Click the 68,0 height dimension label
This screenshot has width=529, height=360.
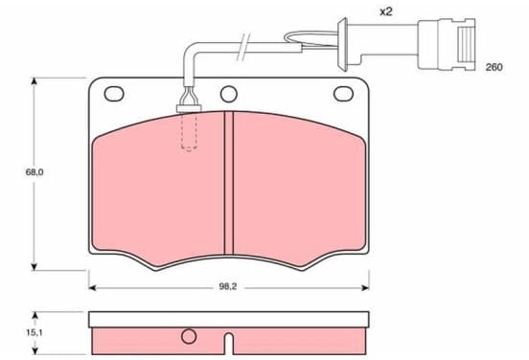34,172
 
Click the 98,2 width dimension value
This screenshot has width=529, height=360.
228,287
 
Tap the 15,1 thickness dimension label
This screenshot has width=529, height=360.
34,332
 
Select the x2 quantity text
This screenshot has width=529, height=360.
386,12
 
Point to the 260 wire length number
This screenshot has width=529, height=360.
494,67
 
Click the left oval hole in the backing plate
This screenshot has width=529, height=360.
114,94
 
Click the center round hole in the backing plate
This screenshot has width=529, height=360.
229,94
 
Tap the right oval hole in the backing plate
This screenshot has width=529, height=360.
343,94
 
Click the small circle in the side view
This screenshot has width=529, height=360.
189,336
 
